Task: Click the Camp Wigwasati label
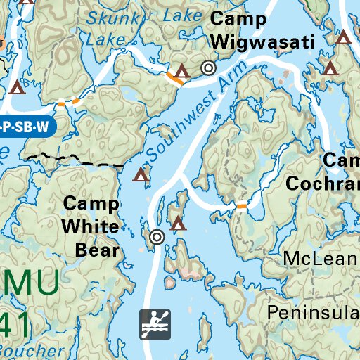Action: pos(261,31)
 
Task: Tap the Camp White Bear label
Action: pos(91,226)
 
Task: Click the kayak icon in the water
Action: pos(155,323)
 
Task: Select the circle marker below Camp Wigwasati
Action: pos(208,68)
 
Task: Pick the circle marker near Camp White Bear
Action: pos(157,237)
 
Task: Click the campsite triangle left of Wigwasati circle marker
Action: pos(183,70)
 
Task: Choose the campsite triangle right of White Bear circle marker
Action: pos(179,224)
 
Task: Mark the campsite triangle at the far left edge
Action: pos(18,88)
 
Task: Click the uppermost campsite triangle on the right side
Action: pos(343,37)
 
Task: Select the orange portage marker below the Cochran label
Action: pos(242,206)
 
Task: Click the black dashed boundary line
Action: pos(70,159)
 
